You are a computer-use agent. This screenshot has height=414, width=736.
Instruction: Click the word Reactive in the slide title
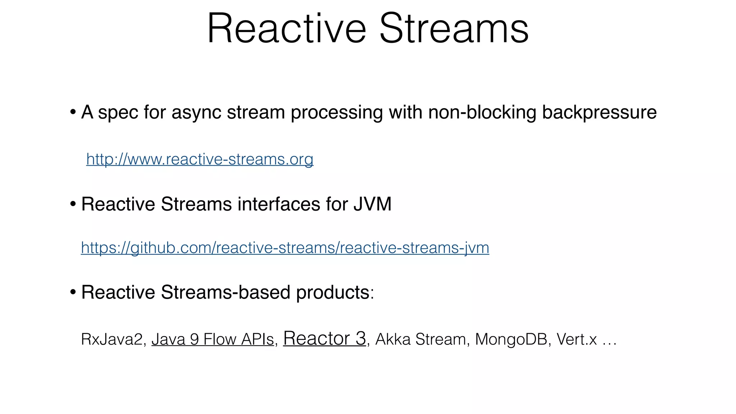[286, 29]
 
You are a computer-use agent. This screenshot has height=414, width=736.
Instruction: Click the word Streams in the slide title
[454, 29]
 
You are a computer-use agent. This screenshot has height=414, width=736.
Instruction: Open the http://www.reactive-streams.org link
[200, 159]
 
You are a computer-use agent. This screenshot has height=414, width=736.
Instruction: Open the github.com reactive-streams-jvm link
[285, 248]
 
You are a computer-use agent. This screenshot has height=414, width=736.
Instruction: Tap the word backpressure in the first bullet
[599, 112]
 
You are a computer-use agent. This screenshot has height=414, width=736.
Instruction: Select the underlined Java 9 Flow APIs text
[212, 339]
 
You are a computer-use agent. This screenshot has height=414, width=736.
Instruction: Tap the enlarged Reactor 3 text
[325, 338]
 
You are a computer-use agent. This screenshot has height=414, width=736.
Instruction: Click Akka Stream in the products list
[420, 339]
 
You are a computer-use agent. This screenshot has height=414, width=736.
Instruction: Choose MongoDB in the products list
[511, 339]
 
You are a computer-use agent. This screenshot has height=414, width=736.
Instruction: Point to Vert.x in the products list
[576, 339]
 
